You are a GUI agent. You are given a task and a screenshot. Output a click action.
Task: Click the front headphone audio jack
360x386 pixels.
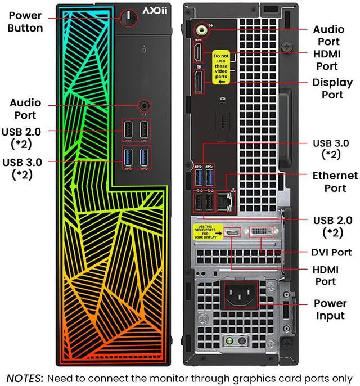145,105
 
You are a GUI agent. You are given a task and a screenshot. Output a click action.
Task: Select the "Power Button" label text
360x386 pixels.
25,21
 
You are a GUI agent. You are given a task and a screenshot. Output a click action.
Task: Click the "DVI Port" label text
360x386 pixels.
331,252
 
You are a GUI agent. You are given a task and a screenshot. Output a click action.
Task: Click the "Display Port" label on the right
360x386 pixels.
332,89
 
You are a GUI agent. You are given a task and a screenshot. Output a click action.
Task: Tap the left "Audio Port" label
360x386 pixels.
25,109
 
